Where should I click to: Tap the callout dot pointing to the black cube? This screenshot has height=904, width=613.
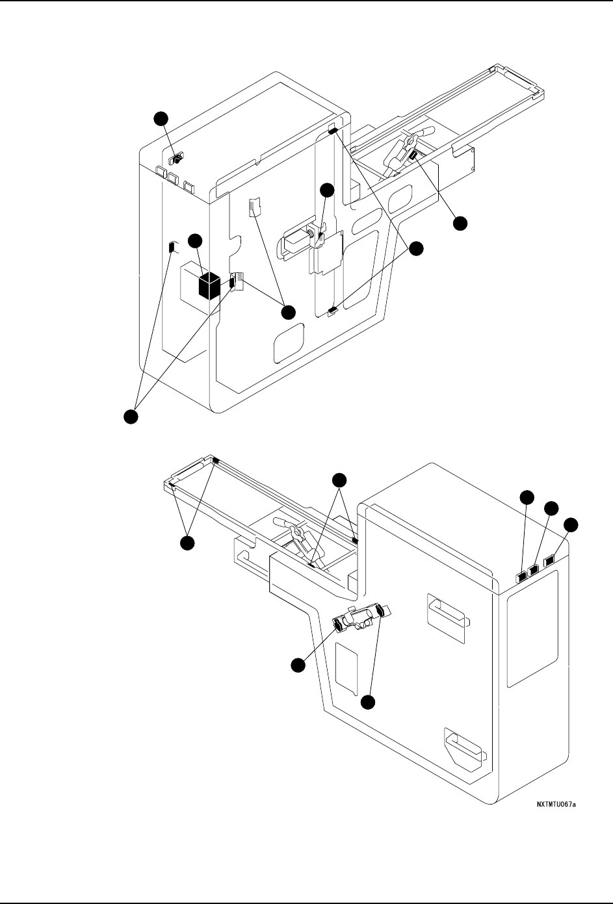194,242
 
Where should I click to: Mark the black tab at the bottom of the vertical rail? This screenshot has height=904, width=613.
333,311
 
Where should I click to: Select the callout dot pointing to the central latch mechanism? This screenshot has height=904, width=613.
327,190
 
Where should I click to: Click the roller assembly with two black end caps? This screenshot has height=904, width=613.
359,618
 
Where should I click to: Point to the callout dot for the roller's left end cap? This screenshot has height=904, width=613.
298,665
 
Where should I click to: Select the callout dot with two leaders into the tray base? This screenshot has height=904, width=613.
339,480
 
